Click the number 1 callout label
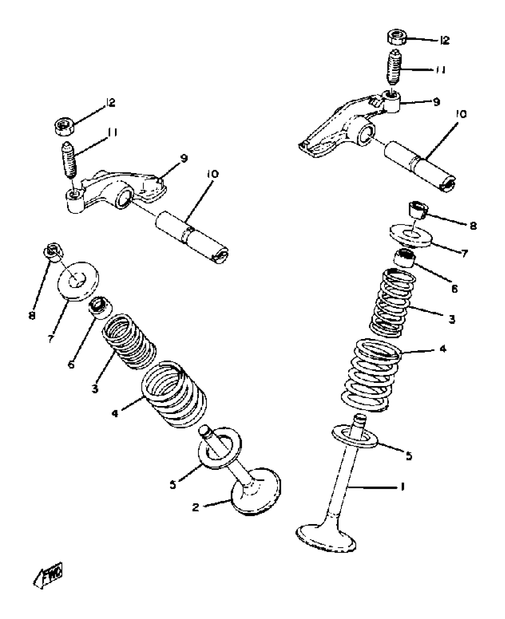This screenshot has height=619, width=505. pos(403,487)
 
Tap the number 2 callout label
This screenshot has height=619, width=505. pos(195,507)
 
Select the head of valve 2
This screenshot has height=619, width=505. pos(256,494)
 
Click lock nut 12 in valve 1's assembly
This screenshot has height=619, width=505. pos(397,37)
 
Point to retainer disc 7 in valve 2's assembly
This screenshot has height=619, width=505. pos(78,280)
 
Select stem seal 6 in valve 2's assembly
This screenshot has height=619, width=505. pos(100,307)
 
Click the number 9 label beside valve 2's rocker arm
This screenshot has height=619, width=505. pos(184,158)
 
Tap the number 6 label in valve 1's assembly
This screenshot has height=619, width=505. pos(454,288)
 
